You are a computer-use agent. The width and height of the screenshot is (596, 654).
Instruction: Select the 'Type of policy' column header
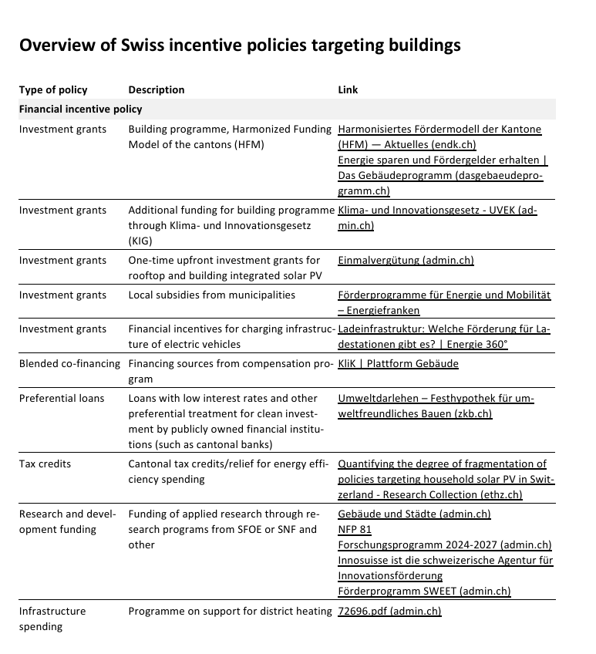click(x=53, y=89)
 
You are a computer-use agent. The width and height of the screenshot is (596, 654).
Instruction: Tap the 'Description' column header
click(x=157, y=89)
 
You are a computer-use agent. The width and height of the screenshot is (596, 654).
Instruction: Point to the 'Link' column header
click(x=348, y=89)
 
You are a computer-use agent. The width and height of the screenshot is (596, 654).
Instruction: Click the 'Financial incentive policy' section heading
click(x=81, y=109)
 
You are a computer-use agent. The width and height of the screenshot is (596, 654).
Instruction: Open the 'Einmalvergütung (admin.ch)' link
click(x=406, y=260)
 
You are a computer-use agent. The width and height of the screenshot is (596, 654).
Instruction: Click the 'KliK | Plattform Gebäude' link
click(x=398, y=363)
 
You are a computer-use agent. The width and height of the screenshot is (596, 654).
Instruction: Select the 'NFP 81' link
click(x=355, y=529)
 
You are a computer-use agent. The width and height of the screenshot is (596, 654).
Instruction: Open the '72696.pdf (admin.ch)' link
click(x=389, y=611)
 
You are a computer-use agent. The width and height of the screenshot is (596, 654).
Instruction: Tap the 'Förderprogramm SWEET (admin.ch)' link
click(x=424, y=592)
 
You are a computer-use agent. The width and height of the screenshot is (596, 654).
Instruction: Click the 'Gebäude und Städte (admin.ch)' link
click(x=414, y=514)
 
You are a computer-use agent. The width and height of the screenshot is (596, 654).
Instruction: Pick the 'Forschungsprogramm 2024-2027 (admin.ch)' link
click(x=445, y=544)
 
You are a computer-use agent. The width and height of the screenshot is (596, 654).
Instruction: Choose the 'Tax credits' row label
click(x=45, y=464)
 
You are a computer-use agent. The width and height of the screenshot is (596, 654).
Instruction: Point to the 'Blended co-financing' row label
click(x=69, y=363)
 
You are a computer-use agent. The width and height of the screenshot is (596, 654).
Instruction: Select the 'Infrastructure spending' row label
click(x=52, y=619)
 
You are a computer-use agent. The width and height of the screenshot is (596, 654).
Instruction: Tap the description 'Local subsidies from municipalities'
click(x=211, y=295)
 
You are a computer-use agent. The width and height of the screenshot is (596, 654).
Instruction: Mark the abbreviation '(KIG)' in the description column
click(x=141, y=241)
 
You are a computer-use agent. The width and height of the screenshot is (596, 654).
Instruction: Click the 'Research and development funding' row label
click(x=67, y=521)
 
